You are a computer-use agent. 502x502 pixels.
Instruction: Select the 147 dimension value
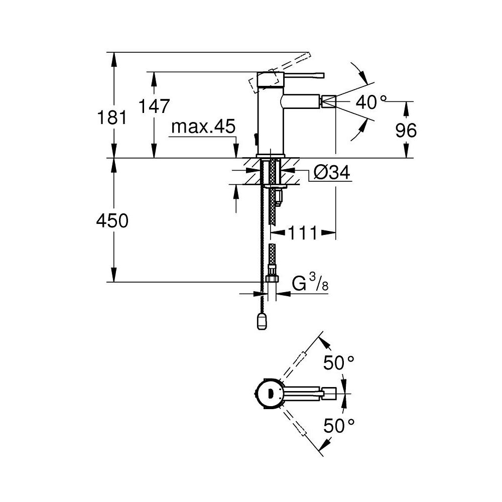154,107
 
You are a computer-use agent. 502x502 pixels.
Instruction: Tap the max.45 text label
203,128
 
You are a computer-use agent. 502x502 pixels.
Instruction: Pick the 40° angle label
371,103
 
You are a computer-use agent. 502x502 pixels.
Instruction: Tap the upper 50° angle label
339,363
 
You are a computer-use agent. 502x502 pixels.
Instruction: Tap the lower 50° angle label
339,426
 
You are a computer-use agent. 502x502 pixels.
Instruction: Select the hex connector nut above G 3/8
271,279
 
